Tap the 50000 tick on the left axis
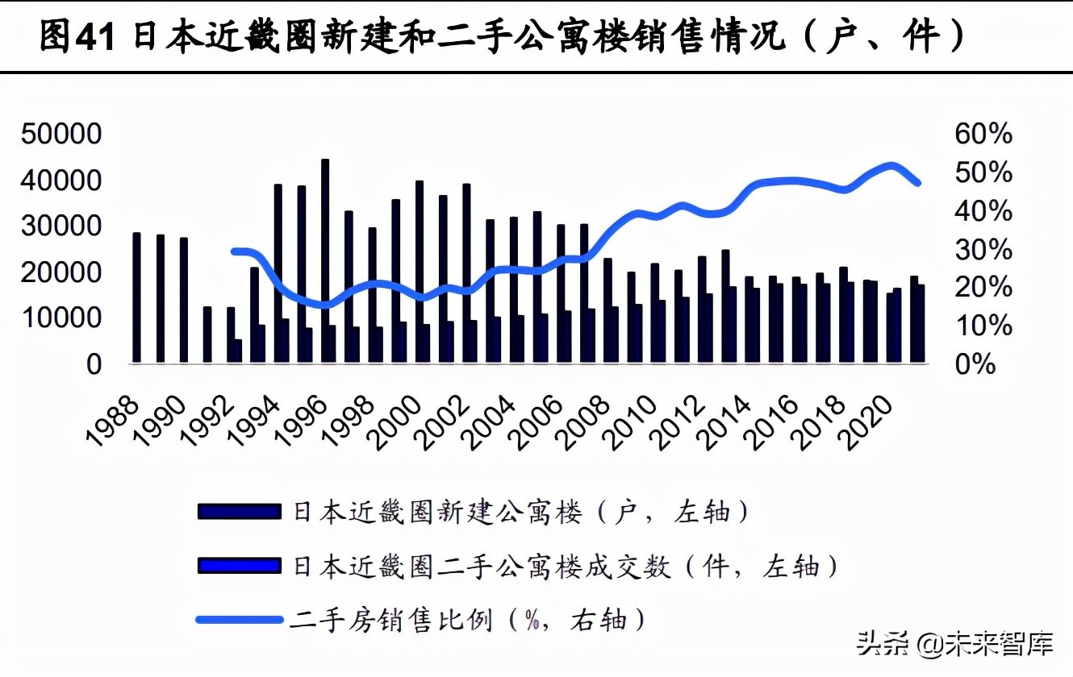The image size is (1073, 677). [x=61, y=135]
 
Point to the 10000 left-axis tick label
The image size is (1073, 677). [x=61, y=318]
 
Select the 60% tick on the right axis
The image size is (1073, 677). [x=983, y=135]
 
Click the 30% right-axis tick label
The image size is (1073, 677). [x=983, y=250]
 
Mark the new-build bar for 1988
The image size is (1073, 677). [x=136, y=298]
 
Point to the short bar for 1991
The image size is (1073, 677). [x=207, y=334]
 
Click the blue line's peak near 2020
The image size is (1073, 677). [x=891, y=166]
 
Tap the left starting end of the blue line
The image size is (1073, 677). [x=234, y=251]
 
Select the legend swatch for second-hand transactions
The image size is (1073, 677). [x=237, y=566]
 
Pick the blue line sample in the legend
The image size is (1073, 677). [x=237, y=620]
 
